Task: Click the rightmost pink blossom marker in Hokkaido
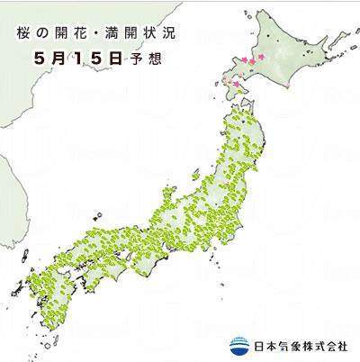pos(262,58)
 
